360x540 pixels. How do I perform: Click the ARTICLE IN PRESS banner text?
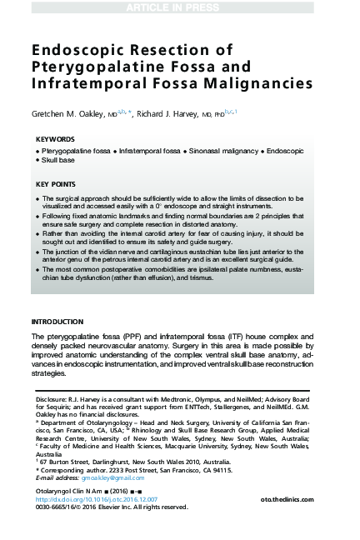pos(180,7)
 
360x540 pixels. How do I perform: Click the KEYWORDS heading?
pos(56,139)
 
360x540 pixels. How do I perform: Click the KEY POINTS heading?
pos(57,183)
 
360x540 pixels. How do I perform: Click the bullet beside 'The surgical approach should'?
pos(37,199)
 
